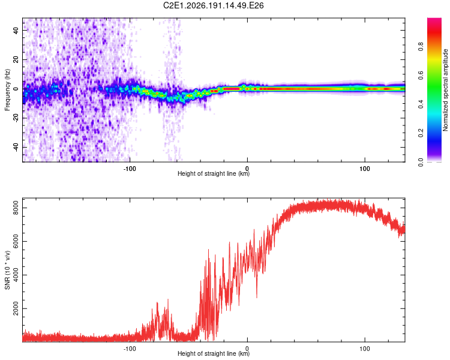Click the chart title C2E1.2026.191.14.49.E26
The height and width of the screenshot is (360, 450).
point(213,5)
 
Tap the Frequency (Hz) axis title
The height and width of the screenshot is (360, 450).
point(7,90)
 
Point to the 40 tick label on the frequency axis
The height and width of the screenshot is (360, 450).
point(16,31)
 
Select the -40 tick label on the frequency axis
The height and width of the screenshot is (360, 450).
point(16,148)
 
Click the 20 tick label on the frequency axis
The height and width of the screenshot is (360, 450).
point(16,60)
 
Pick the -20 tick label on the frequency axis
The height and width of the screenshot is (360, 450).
point(16,119)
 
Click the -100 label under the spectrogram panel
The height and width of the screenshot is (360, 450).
point(130,169)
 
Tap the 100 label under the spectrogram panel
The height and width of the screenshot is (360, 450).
point(364,169)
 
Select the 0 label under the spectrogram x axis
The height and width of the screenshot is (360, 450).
point(247,169)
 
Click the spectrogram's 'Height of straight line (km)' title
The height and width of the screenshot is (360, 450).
point(214,173)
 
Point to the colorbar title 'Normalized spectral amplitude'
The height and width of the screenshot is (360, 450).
point(445,90)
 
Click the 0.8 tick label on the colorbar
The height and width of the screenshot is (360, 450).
point(421,47)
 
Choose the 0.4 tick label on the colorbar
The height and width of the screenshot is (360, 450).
point(421,104)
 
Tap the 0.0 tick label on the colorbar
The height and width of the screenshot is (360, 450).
point(421,162)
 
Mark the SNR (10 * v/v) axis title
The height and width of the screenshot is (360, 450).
point(7,270)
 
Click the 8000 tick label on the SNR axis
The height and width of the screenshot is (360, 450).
point(16,208)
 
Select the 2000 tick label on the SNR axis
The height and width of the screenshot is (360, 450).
point(16,308)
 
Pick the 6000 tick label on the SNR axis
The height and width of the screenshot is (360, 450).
point(16,241)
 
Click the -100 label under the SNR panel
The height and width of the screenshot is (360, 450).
point(130,349)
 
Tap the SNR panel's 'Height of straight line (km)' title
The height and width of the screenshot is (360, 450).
point(214,353)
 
